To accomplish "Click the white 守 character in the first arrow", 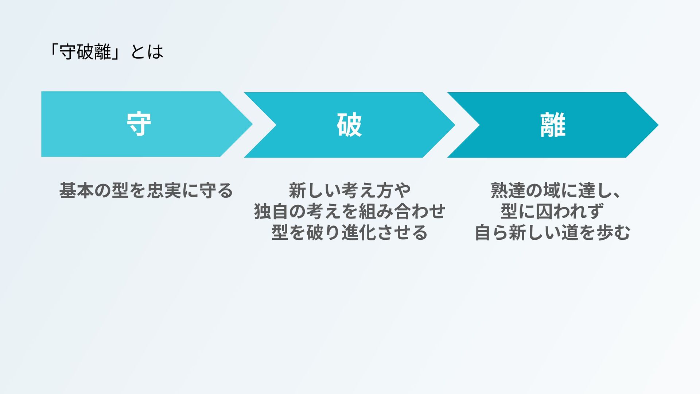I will tap(139, 124).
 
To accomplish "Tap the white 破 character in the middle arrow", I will tap(349, 125).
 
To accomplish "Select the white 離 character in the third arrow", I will tap(553, 125).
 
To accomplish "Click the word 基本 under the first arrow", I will tap(77, 190).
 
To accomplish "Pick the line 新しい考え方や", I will tap(350, 190).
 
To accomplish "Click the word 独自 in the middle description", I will tap(271, 212).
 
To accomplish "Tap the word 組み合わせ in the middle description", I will tap(402, 212).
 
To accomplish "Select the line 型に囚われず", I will tap(552, 212).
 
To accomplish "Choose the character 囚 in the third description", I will tap(544, 212).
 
